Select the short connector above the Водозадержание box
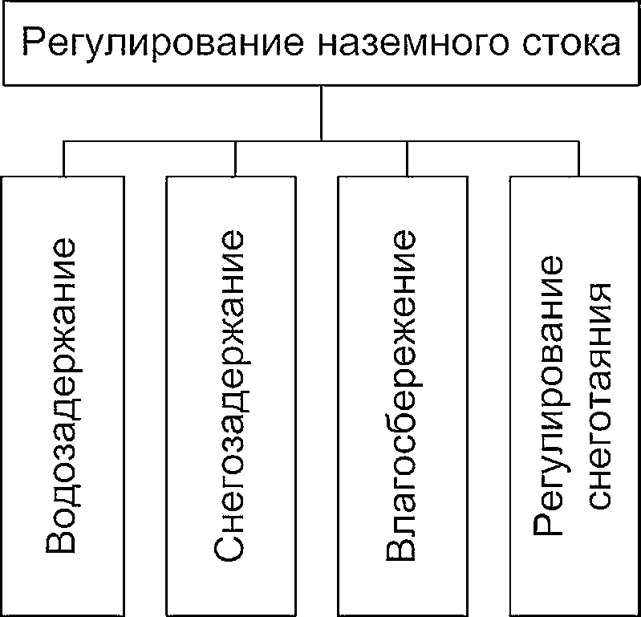[63, 160]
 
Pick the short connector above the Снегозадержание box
[235, 160]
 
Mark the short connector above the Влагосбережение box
[407, 160]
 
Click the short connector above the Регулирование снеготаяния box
[578, 160]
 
